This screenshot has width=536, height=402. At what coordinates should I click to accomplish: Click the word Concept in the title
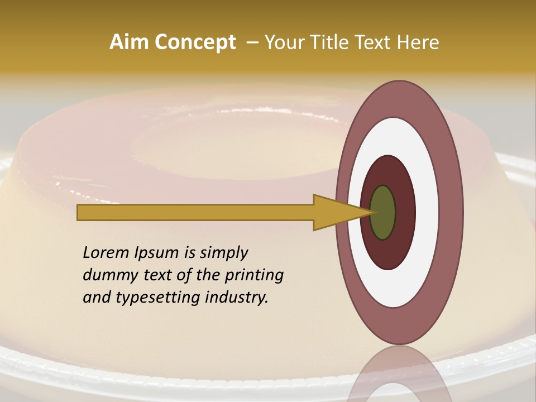coord(194,42)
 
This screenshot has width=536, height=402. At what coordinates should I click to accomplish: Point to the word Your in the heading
coord(284,42)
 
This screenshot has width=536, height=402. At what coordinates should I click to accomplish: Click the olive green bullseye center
coord(383,213)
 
